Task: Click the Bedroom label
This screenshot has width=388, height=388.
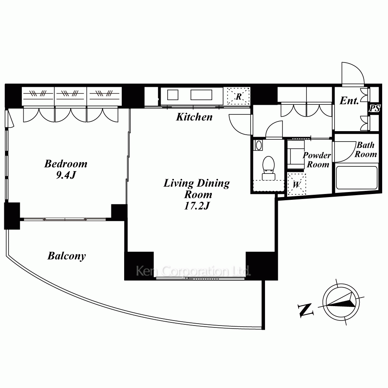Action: [x=66, y=164]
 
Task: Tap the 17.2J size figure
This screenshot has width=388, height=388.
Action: [x=197, y=206]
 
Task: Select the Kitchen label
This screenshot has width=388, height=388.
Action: [x=194, y=117]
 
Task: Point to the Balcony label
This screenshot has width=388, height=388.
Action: [x=67, y=256]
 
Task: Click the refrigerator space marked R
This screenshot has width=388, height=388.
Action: [x=238, y=96]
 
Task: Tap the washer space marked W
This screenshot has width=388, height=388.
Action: [x=296, y=184]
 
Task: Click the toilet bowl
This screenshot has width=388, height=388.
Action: [x=268, y=164]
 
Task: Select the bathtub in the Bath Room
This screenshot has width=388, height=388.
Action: [x=357, y=177]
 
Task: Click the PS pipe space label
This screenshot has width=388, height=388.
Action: [x=374, y=108]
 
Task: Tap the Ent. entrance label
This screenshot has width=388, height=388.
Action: [x=349, y=101]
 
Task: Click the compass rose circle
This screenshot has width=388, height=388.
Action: [x=341, y=302]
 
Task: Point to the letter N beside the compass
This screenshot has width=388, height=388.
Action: [x=306, y=310]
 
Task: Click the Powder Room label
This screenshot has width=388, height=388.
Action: [x=317, y=160]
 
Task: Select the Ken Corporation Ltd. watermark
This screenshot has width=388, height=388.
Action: [x=193, y=271]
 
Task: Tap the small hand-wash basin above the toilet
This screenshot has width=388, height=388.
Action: [x=259, y=145]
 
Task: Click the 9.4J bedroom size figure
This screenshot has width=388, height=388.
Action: [x=66, y=175]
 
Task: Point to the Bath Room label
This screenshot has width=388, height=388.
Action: [x=366, y=149]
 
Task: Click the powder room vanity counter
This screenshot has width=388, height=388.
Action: [x=296, y=155]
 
